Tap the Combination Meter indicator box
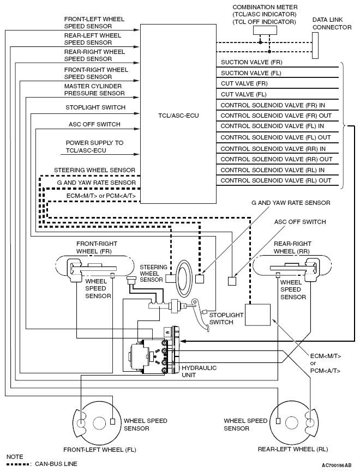265,31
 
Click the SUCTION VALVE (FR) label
243,72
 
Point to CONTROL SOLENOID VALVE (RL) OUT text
275,180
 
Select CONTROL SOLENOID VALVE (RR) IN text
273,148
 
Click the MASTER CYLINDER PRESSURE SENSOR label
93,90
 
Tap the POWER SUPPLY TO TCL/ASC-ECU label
94,146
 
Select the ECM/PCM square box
258,314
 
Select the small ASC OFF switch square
232,281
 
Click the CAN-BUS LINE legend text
56,464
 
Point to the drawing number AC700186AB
336,465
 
